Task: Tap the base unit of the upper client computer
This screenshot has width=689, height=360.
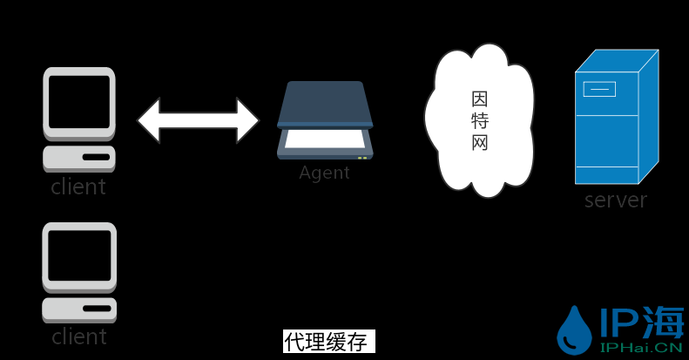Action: tap(79, 158)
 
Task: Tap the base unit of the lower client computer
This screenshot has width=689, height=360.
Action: tap(79, 309)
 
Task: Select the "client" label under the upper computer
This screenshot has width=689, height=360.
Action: tap(78, 187)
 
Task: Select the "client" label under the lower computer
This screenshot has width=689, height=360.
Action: tap(78, 336)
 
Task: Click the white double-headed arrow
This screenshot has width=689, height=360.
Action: tap(198, 120)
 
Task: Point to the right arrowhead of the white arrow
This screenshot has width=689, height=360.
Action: tap(247, 120)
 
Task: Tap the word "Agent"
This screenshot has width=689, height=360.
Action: tap(324, 173)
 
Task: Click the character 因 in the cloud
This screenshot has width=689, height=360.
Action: tap(480, 97)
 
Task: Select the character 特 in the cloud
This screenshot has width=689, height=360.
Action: tap(480, 119)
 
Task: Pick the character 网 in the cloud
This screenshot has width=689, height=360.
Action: tap(480, 142)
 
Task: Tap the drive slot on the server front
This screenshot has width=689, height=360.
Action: tap(599, 88)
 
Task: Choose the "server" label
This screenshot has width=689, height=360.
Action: tap(616, 200)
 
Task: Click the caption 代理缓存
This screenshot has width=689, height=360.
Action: tap(328, 342)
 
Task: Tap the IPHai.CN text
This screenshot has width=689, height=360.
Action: tap(641, 347)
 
